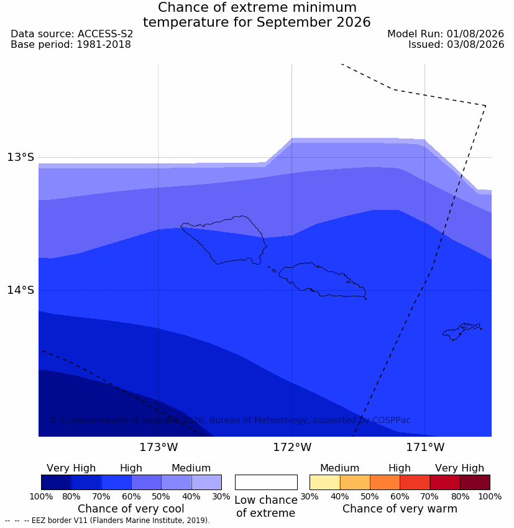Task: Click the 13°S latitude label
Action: pos(21,157)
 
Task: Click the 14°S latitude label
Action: pos(21,290)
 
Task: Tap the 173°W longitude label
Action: pos(158,447)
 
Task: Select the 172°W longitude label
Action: pos(292,447)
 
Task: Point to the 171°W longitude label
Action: pos(425,447)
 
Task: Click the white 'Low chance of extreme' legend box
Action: pos(266,482)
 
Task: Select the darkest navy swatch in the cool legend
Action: pos(57,482)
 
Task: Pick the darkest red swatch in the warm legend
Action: pos(475,482)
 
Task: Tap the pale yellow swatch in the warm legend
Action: pos(324,482)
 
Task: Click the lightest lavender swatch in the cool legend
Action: pos(206,482)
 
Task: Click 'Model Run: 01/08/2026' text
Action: pos(445,34)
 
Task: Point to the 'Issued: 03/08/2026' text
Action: pos(456,45)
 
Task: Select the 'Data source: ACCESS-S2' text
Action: pos(71,34)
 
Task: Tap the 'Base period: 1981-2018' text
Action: pos(71,45)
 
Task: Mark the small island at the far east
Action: pos(461,331)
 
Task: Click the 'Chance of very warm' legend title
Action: pos(400,509)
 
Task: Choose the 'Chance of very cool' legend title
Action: pos(131,509)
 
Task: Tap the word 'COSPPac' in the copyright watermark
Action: pos(391,420)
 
